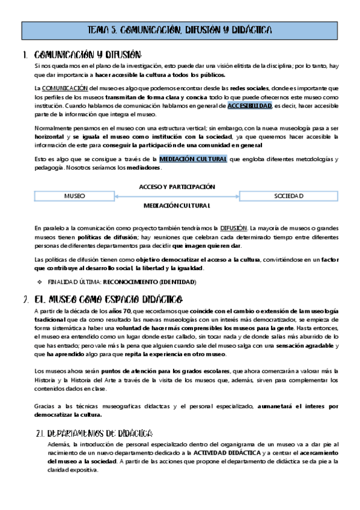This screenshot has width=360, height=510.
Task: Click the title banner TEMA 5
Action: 180,29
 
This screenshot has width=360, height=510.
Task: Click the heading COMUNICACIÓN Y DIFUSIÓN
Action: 88,55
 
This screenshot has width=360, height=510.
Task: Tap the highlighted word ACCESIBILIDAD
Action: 250,106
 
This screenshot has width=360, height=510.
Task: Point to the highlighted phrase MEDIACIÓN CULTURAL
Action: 193,159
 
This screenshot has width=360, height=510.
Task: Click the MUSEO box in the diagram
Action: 75,196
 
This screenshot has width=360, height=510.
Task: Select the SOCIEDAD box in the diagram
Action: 288,196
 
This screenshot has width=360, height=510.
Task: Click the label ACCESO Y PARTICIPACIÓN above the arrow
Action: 177,186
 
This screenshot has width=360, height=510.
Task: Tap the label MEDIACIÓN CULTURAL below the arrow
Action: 177,206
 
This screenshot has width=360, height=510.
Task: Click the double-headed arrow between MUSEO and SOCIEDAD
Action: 177,196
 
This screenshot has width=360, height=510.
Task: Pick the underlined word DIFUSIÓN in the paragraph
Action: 233,229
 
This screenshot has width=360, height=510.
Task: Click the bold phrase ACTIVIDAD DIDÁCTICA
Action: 227,452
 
